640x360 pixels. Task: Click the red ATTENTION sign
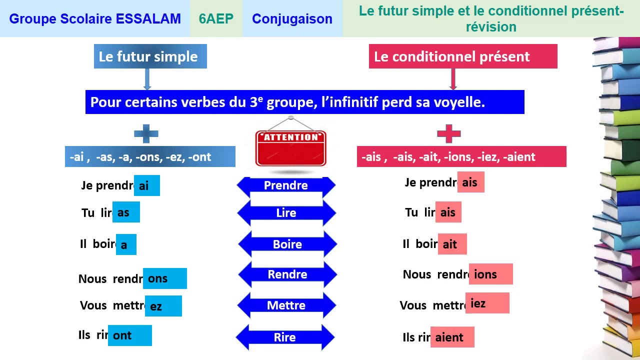pyautogui.click(x=290, y=148)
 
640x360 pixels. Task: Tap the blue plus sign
pyautogui.click(x=146, y=134)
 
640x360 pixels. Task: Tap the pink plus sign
pyautogui.click(x=448, y=134)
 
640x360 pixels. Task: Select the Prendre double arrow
pyautogui.click(x=286, y=186)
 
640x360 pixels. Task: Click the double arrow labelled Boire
pyautogui.click(x=287, y=244)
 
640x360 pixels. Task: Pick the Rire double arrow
pyautogui.click(x=285, y=337)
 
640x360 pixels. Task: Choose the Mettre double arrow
pyautogui.click(x=286, y=305)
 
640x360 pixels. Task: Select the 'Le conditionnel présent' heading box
pyautogui.click(x=463, y=56)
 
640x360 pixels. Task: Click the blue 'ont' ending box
pyautogui.click(x=129, y=335)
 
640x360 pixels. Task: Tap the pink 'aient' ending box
pyautogui.click(x=452, y=337)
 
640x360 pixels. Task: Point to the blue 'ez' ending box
pyautogui.click(x=163, y=306)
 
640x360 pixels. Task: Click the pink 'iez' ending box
pyautogui.click(x=487, y=303)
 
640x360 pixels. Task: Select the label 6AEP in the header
pyautogui.click(x=216, y=19)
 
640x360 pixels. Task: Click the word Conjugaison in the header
pyautogui.click(x=292, y=19)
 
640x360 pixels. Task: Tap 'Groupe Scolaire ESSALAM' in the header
pyautogui.click(x=95, y=19)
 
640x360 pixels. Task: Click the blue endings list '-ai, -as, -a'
pyautogui.click(x=149, y=157)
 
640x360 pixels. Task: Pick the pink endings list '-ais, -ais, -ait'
pyautogui.click(x=461, y=157)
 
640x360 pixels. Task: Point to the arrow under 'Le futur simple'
pyautogui.click(x=147, y=79)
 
